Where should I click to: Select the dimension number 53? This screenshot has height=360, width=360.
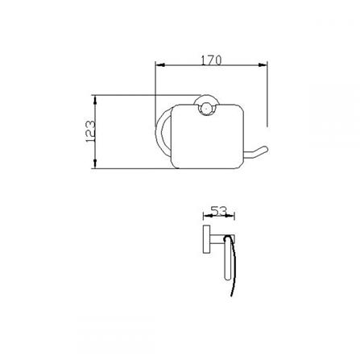point(215,211)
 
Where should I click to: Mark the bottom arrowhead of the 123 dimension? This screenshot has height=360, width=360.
point(96,167)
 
